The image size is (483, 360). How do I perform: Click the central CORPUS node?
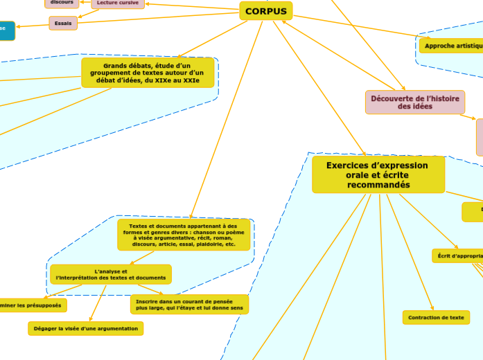265,11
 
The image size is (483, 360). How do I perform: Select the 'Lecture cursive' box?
118,3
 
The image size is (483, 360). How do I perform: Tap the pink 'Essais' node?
63,24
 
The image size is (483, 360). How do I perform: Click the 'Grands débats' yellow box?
148,73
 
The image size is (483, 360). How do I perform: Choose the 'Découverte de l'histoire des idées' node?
414,102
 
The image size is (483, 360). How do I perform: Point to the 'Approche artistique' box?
451,46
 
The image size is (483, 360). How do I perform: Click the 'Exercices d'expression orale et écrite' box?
378,175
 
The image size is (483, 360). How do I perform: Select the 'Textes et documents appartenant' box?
184,235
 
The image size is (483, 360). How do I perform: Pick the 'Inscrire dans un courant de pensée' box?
188,304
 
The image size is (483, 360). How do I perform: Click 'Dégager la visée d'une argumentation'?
86,328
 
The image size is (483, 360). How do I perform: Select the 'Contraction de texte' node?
436,317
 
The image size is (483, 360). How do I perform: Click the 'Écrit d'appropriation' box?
457,255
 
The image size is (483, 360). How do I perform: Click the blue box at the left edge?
6,30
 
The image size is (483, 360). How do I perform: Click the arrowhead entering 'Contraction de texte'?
432,308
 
